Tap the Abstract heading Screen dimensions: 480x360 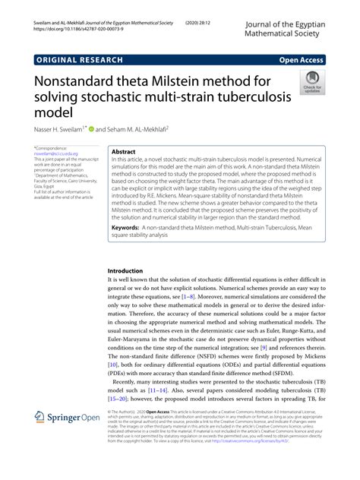coord(123,152)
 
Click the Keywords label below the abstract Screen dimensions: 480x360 coord(129,227)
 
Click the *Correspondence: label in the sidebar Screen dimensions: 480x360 coord(57,147)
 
